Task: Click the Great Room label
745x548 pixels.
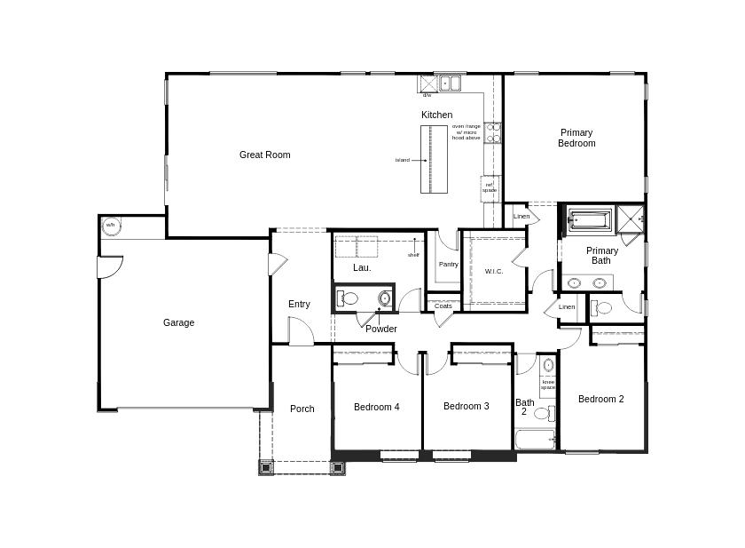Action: click(x=264, y=155)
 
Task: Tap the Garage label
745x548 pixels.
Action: click(x=178, y=322)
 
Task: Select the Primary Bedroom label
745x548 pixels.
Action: click(x=576, y=138)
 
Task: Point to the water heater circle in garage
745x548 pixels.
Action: click(x=111, y=226)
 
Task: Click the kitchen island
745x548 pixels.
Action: click(x=434, y=159)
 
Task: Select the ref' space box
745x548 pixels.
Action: click(x=490, y=188)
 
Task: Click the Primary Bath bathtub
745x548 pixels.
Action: click(x=590, y=218)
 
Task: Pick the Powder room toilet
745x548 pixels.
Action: click(x=348, y=298)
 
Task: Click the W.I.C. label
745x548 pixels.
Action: click(x=494, y=272)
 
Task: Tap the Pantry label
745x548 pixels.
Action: click(x=448, y=264)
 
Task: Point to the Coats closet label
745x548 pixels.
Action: click(x=443, y=306)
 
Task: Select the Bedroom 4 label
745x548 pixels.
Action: click(x=376, y=407)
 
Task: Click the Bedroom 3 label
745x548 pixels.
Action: click(x=466, y=406)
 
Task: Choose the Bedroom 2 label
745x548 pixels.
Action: click(x=600, y=399)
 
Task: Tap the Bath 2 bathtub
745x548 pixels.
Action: click(x=535, y=439)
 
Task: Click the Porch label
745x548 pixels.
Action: click(x=302, y=409)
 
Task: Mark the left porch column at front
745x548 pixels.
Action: click(x=266, y=467)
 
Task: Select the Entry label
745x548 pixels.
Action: click(x=299, y=304)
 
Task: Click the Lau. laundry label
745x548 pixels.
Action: click(x=361, y=267)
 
